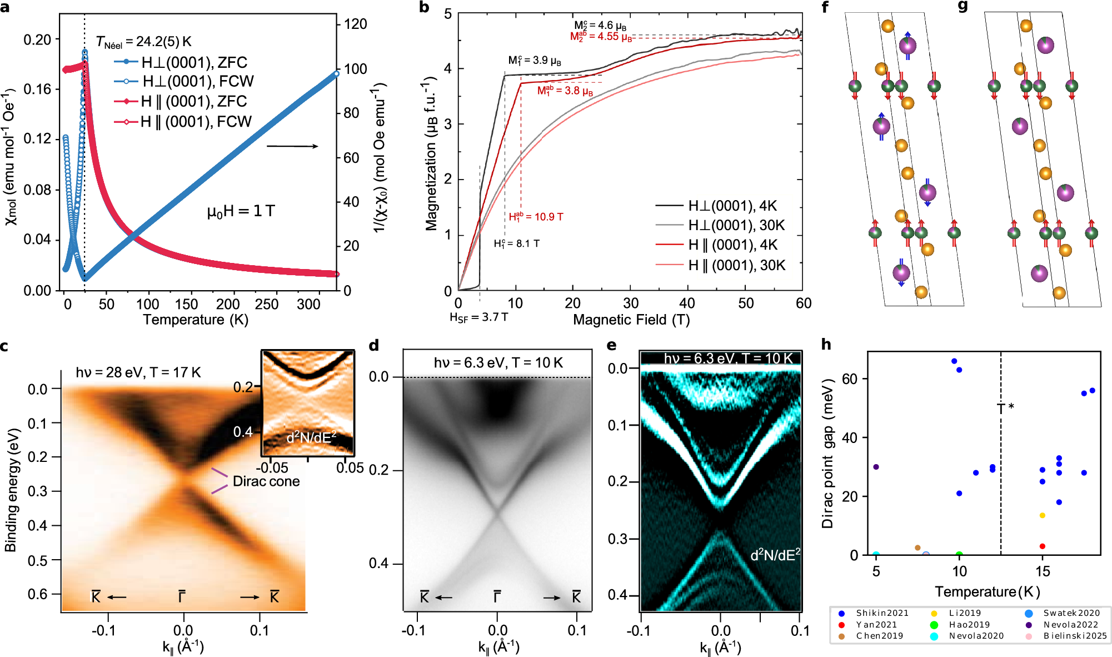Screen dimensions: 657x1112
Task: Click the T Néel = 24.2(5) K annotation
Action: (143, 42)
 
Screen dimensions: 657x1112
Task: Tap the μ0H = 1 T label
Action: (241, 211)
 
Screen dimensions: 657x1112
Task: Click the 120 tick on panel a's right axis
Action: (356, 24)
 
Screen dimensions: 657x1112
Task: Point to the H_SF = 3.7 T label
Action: (478, 317)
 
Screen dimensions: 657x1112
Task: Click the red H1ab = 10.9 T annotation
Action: (536, 217)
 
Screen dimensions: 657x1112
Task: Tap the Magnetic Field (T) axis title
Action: (631, 320)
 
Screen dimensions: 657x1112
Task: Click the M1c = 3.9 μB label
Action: (534, 60)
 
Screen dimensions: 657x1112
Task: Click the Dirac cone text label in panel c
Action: (266, 481)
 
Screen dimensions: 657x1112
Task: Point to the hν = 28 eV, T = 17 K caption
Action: (138, 372)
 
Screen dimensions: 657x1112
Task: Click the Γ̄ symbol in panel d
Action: (497, 597)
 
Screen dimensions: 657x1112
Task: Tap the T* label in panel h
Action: (1005, 408)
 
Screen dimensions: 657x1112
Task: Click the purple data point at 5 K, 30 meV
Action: (876, 467)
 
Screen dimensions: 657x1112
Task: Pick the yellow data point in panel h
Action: (1043, 516)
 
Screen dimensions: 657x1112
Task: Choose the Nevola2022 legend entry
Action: (1070, 625)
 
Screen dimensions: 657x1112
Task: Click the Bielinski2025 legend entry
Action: (1075, 636)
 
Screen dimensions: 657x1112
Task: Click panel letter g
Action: (963, 7)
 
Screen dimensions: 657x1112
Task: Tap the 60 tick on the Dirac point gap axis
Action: (850, 379)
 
